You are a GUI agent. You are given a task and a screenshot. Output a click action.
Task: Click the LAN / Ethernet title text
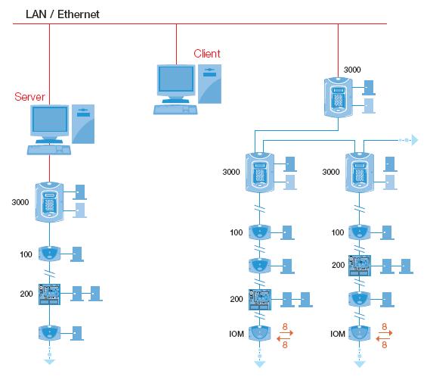pyautogui.click(x=62, y=14)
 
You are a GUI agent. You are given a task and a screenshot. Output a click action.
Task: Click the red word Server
pyautogui.click(x=29, y=97)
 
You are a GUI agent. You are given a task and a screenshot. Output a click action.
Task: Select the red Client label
pyautogui.click(x=207, y=54)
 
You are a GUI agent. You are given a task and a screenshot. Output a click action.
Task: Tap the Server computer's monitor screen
pyautogui.click(x=50, y=120)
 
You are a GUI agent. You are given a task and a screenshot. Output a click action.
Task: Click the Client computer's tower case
pyautogui.click(x=210, y=84)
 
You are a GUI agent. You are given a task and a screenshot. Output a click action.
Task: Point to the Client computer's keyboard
pyautogui.click(x=175, y=110)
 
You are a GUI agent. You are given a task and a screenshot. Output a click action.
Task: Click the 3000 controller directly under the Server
pyautogui.click(x=50, y=202)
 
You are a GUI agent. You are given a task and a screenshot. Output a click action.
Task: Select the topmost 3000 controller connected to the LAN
pyautogui.click(x=338, y=97)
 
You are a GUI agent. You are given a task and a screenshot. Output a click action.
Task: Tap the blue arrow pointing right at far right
pyautogui.click(x=414, y=140)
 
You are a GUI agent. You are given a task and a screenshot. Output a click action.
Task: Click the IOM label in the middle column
pyautogui.click(x=237, y=334)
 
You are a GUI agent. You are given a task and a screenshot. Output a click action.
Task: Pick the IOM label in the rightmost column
pyautogui.click(x=338, y=334)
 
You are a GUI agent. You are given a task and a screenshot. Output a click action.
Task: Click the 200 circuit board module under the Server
pyautogui.click(x=49, y=294)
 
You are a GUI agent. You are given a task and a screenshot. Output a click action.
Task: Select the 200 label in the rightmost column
pyautogui.click(x=338, y=265)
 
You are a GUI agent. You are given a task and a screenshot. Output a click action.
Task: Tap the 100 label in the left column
pyautogui.click(x=26, y=254)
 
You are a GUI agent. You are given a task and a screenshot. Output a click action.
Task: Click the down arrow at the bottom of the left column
pyautogui.click(x=50, y=362)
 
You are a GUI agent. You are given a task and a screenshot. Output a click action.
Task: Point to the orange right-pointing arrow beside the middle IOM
pyautogui.click(x=286, y=333)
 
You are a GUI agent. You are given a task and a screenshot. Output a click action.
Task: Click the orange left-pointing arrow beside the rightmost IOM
pyautogui.click(x=383, y=339)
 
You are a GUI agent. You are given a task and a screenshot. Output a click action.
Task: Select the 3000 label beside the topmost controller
pyautogui.click(x=352, y=70)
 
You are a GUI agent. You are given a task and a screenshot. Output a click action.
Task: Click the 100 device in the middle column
pyautogui.click(x=259, y=232)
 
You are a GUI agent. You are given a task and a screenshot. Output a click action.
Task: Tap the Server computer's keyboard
pyautogui.click(x=49, y=150)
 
